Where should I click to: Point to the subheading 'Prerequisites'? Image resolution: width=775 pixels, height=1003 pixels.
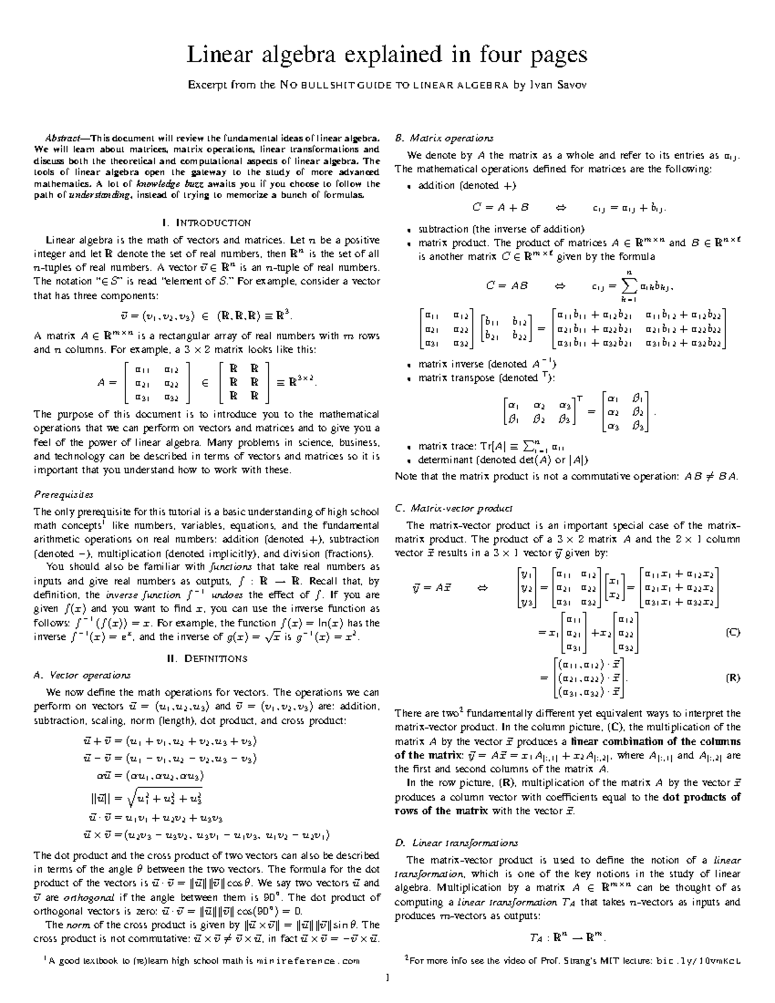pyautogui.click(x=63, y=495)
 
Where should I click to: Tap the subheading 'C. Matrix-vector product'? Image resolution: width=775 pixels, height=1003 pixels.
pyautogui.click(x=453, y=508)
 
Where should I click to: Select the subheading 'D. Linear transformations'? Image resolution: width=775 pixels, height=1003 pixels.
pyautogui.click(x=457, y=843)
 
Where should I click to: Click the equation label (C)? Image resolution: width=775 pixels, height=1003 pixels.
pyautogui.click(x=732, y=632)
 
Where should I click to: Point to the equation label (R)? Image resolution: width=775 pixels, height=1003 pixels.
pyautogui.click(x=732, y=678)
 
